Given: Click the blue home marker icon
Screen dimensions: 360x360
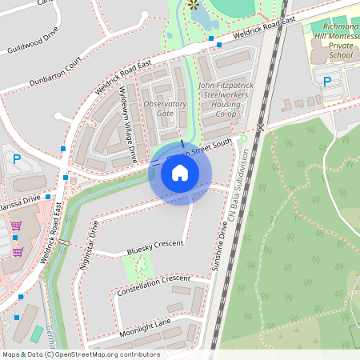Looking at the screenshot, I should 180,172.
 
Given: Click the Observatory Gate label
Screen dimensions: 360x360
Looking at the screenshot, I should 165,108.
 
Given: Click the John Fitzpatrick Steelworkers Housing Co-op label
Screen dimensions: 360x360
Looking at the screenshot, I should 218,99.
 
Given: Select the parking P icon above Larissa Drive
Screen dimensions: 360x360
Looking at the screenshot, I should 17,159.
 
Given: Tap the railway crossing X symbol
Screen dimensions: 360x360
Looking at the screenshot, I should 260,126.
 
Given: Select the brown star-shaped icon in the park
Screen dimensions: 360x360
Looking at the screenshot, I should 192,6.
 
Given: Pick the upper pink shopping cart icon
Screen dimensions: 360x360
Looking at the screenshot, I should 16,226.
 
